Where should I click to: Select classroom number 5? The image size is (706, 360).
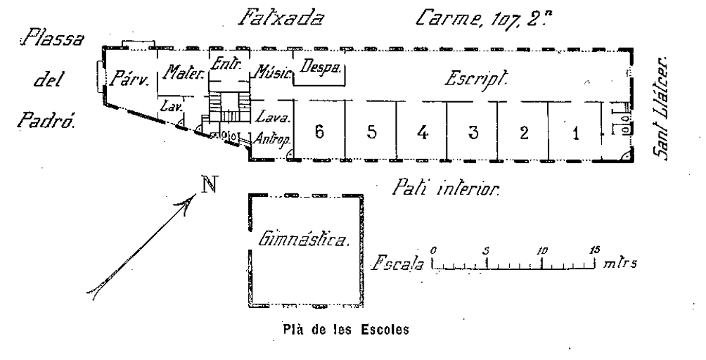click(371, 134)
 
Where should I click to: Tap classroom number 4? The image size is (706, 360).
click(422, 134)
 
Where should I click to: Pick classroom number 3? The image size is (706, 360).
click(473, 134)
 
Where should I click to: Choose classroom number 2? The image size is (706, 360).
click(523, 134)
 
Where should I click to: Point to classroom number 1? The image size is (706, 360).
click(575, 134)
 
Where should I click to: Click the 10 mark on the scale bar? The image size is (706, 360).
click(541, 250)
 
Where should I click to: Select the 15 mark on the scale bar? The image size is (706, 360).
click(595, 250)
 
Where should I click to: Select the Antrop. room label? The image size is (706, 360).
click(271, 136)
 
